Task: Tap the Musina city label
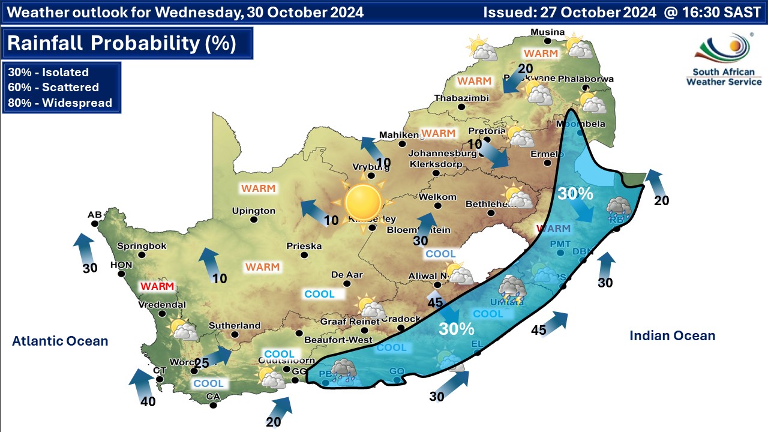[x=548, y=32]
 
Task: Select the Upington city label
[x=254, y=211]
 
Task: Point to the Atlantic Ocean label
[x=60, y=341]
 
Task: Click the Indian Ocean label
[x=672, y=336]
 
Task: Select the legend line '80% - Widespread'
[x=60, y=103]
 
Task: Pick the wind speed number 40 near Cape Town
[x=148, y=401]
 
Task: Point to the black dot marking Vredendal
[x=161, y=313]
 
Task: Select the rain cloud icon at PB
[x=344, y=370]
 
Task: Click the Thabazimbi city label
[x=461, y=98]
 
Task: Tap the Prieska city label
[x=304, y=246]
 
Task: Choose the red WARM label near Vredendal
[x=157, y=286]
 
